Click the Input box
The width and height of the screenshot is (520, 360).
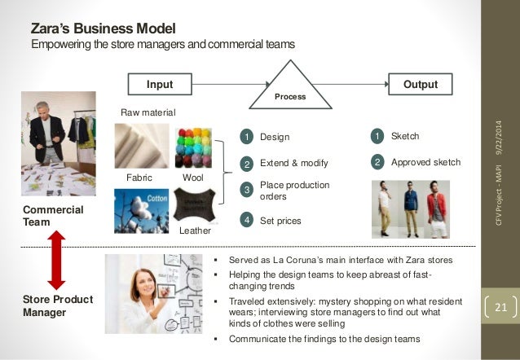click(x=160, y=84)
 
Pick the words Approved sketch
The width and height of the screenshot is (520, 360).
click(x=425, y=162)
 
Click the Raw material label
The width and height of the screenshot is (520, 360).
click(x=148, y=112)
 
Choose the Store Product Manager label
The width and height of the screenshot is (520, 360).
click(x=57, y=305)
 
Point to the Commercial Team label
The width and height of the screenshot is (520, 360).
click(x=55, y=216)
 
